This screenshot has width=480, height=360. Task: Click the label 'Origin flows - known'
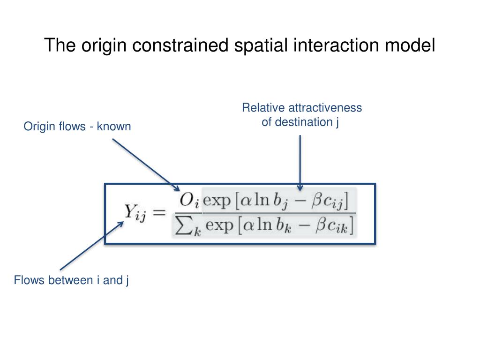pyautogui.click(x=77, y=127)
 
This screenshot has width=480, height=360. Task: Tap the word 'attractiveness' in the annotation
pyautogui.click(x=325, y=108)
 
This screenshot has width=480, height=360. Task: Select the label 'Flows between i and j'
pyautogui.click(x=71, y=281)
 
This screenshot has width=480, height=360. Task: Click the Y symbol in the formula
pyautogui.click(x=130, y=212)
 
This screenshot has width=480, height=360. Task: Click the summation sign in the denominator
pyautogui.click(x=183, y=227)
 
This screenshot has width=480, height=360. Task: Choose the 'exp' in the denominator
pyautogui.click(x=219, y=226)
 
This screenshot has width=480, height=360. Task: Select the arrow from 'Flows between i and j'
pyautogui.click(x=91, y=247)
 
